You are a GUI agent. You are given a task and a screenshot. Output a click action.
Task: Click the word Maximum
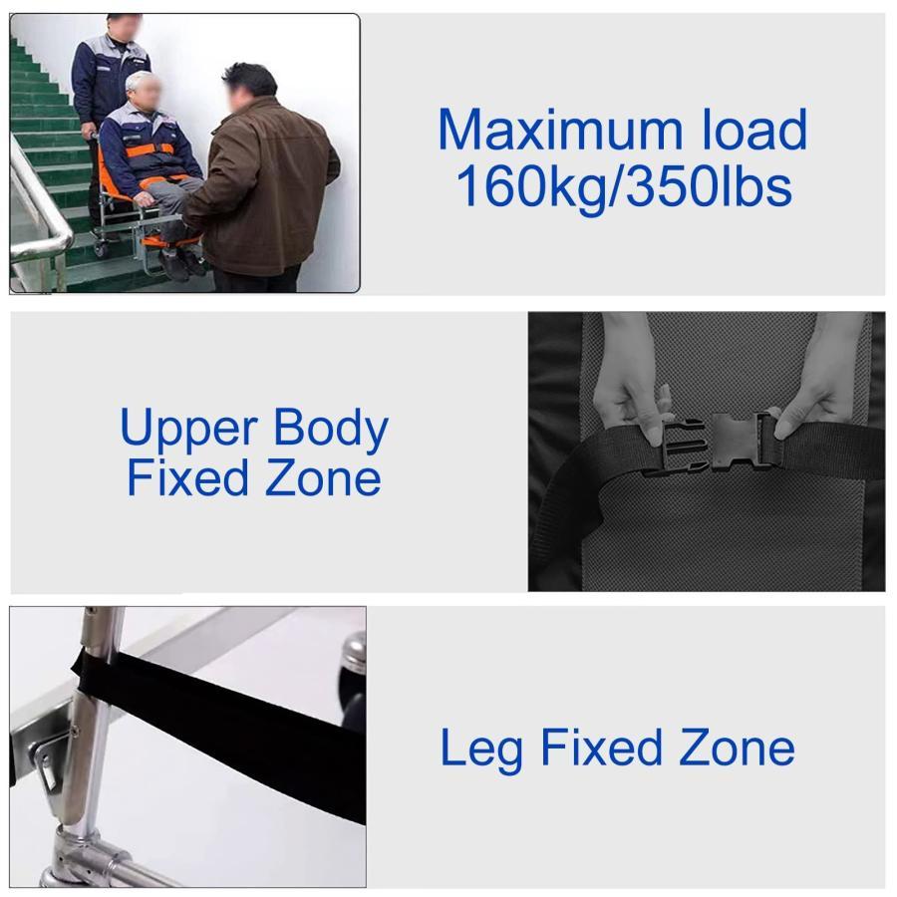[x=560, y=130]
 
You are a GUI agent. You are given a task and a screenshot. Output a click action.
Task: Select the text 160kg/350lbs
[x=624, y=186]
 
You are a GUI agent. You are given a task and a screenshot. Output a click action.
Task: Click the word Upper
[x=188, y=430]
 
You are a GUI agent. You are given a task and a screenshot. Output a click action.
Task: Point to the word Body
[x=331, y=428]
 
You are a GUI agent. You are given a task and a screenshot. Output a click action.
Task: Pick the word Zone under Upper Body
[x=323, y=478]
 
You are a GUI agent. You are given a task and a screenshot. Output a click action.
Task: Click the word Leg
[x=481, y=749]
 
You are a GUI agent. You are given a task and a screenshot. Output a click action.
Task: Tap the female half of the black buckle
[x=743, y=442]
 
